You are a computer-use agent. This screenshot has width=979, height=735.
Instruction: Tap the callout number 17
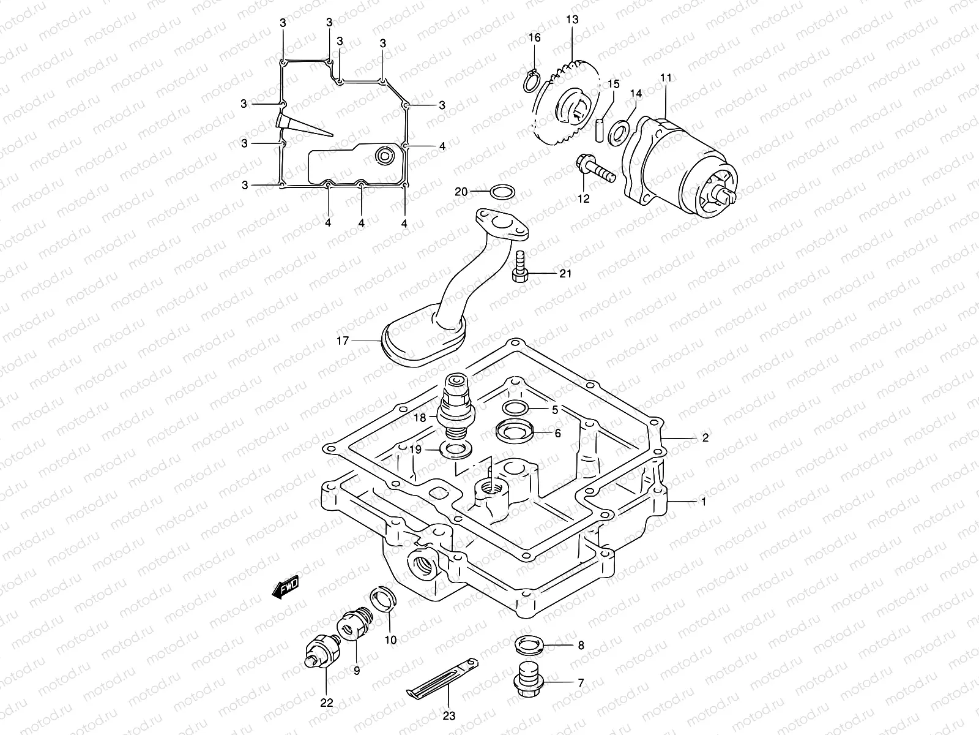point(343,341)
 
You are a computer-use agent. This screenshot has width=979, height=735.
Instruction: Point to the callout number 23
point(450,715)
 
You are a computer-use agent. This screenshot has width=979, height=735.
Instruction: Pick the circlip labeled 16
point(532,81)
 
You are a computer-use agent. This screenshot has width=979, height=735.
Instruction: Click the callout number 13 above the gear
point(572,20)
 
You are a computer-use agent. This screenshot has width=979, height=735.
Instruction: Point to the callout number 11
point(666,78)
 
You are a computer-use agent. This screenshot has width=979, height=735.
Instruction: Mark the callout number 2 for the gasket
point(705,438)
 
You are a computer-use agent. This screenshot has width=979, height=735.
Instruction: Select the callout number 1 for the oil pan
point(704,502)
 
